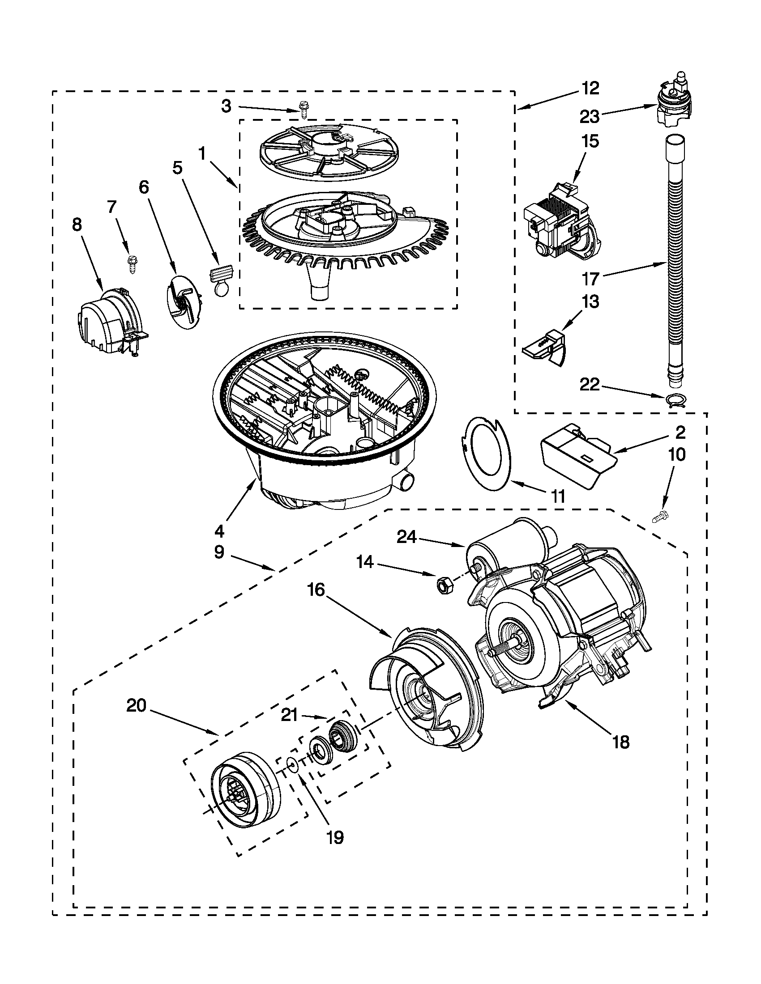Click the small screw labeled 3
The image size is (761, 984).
pyautogui.click(x=304, y=110)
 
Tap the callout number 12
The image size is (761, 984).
pyautogui.click(x=590, y=88)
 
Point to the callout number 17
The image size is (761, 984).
pyautogui.click(x=590, y=279)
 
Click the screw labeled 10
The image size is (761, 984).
pyautogui.click(x=660, y=517)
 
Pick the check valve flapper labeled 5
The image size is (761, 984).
pyautogui.click(x=221, y=280)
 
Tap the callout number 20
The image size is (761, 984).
pyautogui.click(x=136, y=705)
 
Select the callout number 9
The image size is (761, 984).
pyautogui.click(x=219, y=551)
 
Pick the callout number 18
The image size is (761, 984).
pyautogui.click(x=621, y=742)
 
